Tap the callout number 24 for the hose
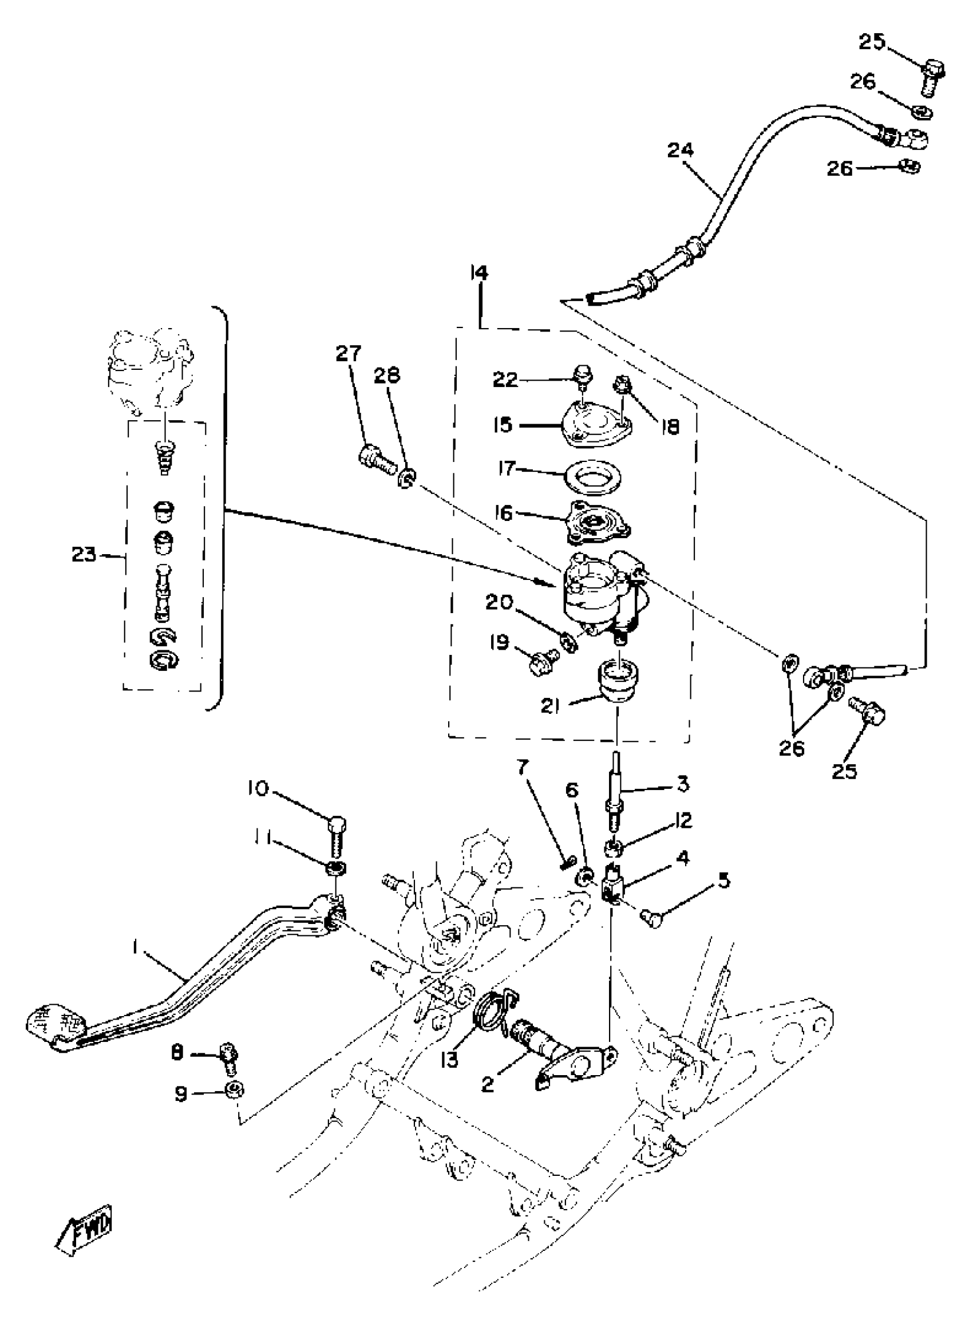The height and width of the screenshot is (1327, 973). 681,150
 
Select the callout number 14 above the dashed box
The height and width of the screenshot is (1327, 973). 480,273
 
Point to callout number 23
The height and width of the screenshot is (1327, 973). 84,554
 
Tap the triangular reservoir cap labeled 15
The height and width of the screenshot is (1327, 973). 596,420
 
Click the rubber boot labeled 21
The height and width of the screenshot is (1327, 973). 617,681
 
